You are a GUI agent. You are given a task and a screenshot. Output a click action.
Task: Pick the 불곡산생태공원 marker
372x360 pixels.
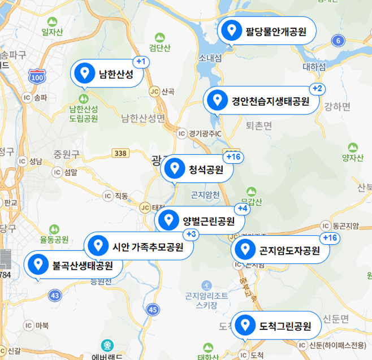[73, 264]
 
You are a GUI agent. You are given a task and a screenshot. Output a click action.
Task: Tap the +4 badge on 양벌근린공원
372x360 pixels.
[242, 209]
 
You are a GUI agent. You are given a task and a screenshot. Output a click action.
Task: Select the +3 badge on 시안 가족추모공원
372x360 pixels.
[191, 234]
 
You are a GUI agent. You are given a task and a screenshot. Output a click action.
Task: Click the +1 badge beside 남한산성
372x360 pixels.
[141, 61]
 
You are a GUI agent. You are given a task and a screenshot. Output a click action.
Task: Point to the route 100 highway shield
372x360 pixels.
[38, 76]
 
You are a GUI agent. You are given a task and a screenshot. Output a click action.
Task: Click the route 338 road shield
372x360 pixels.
[120, 153]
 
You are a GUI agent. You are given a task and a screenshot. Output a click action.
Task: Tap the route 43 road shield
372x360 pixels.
[55, 295]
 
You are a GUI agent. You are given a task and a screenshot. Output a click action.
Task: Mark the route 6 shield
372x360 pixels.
[338, 40]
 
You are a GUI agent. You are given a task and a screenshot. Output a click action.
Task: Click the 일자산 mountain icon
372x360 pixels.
[53, 22]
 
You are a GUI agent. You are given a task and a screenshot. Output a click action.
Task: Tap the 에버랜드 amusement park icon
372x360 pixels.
[106, 345]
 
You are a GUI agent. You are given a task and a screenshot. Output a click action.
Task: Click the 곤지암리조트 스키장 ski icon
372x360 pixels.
[207, 285]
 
